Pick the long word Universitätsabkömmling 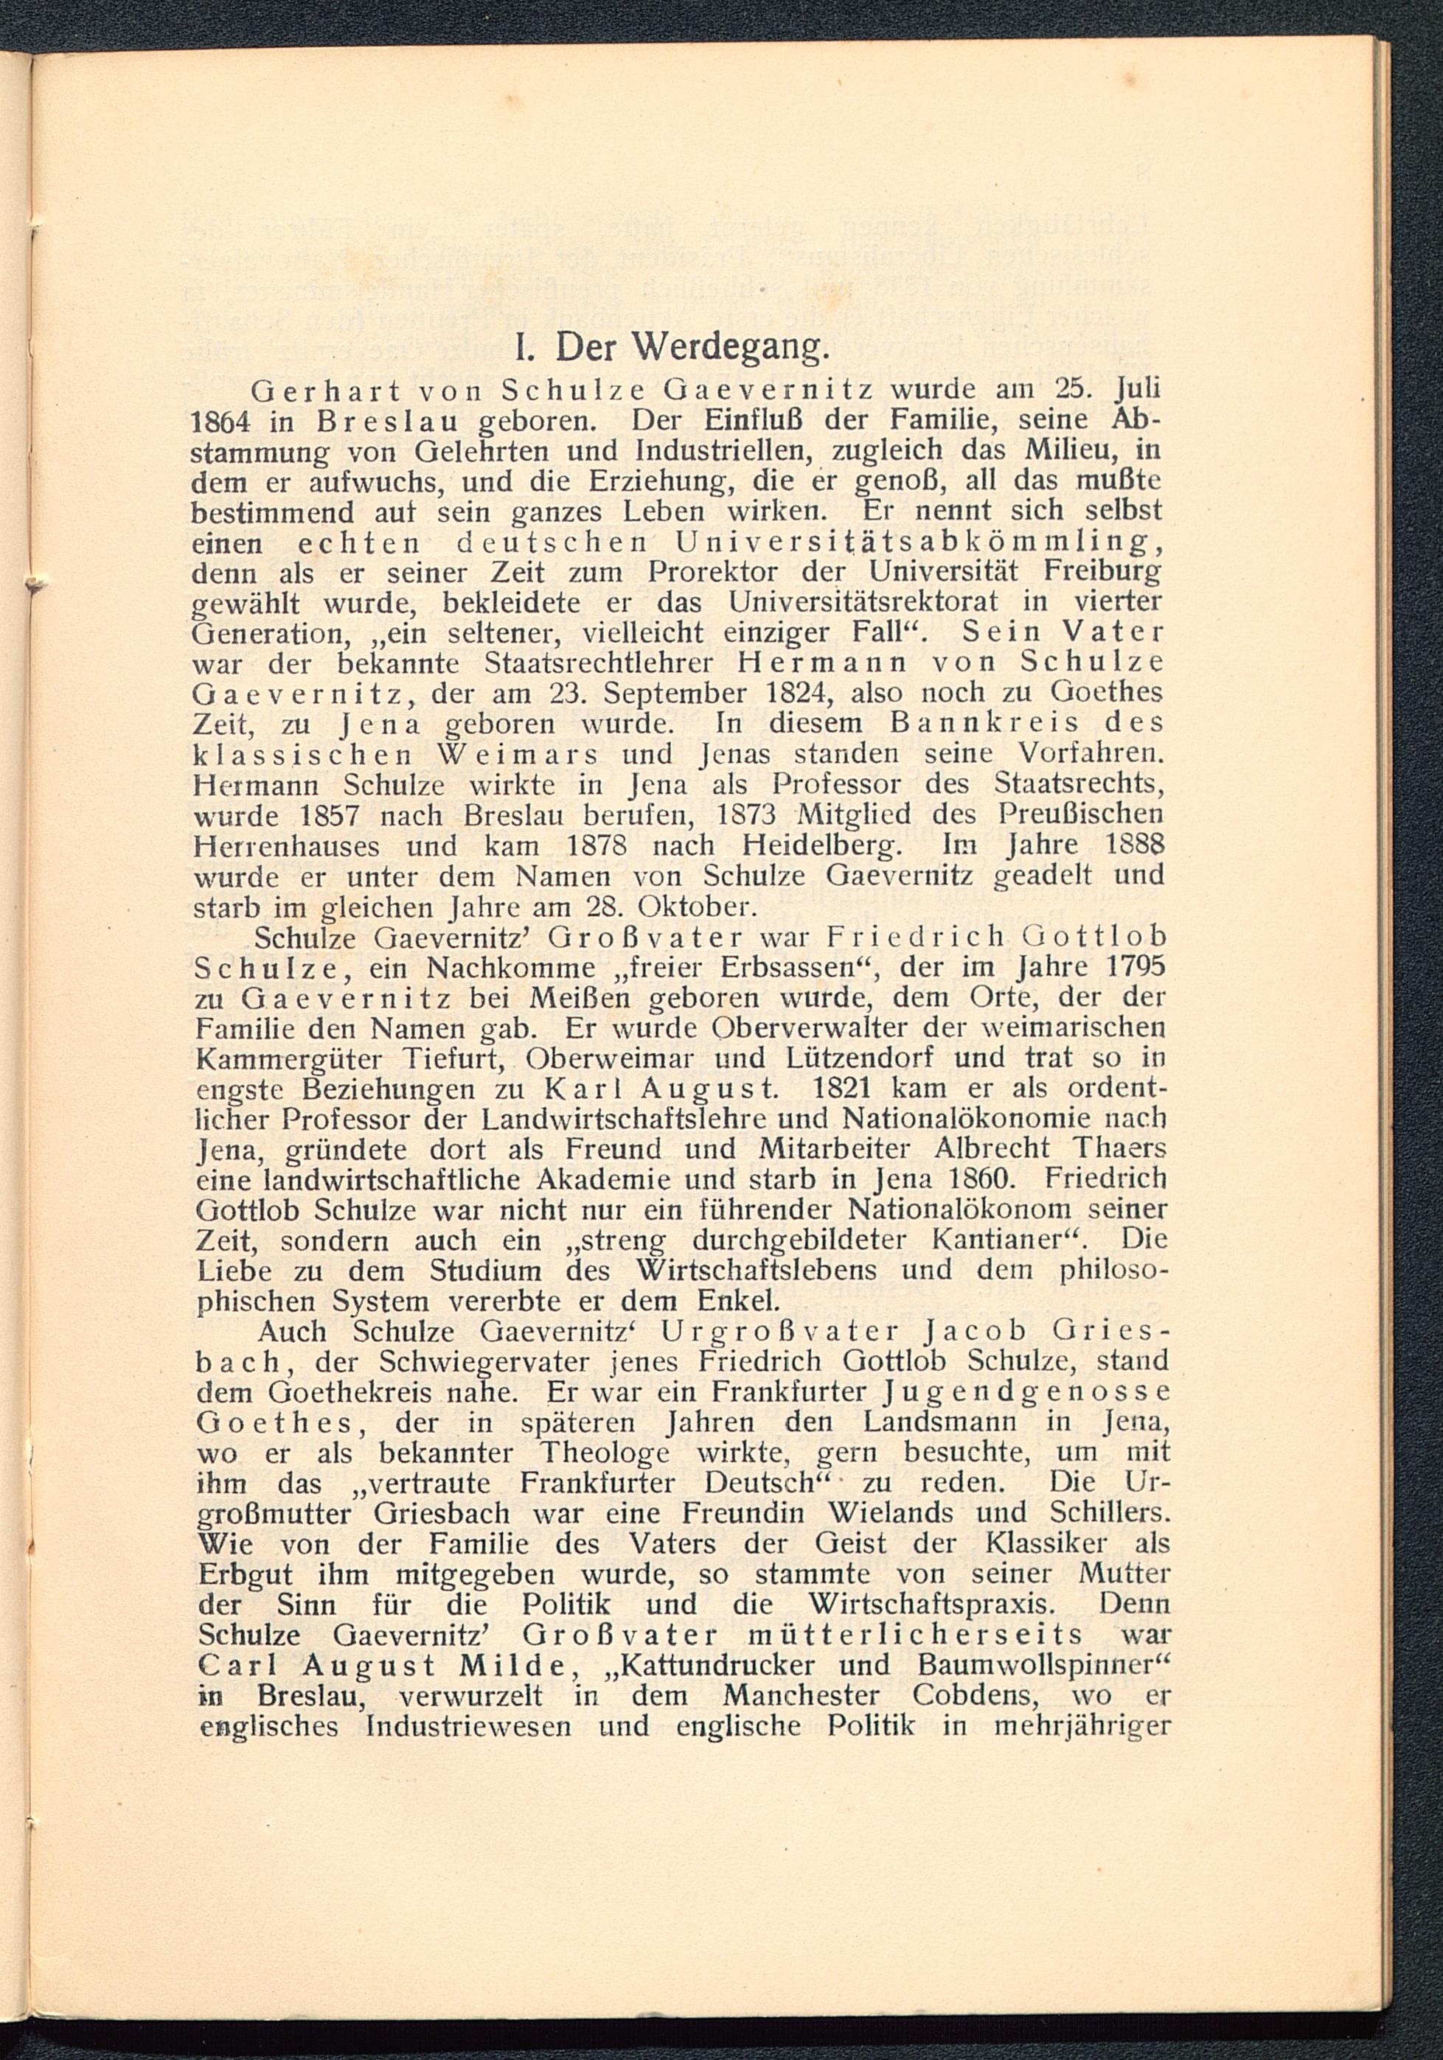[x=919, y=542]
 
